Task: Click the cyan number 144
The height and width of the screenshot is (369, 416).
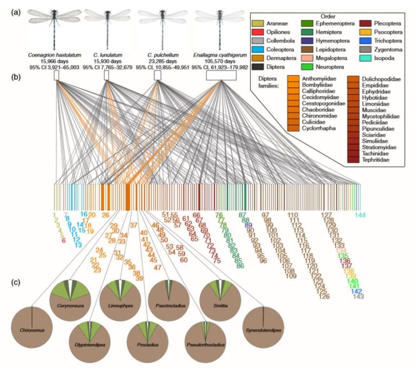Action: coord(361,215)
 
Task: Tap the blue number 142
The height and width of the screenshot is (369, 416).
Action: coord(356,291)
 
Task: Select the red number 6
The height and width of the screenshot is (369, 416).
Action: coord(64,240)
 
